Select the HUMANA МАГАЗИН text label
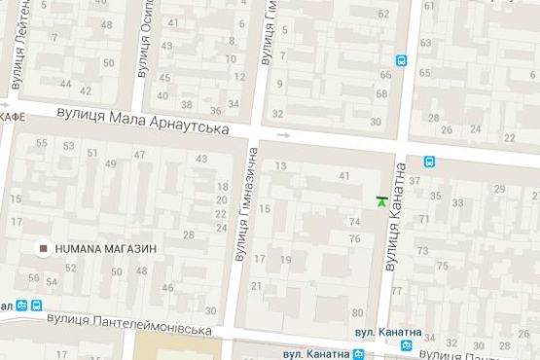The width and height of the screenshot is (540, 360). [105, 248]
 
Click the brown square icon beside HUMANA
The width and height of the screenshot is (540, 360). [44, 248]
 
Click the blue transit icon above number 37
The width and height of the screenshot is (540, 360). [429, 162]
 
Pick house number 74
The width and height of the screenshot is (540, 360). [354, 222]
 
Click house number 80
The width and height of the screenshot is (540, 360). [358, 312]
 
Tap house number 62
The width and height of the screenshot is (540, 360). [383, 15]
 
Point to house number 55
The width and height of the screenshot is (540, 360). [41, 144]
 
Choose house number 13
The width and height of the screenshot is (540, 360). [280, 166]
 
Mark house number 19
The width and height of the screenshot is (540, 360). [285, 260]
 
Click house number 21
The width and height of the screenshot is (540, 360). [256, 285]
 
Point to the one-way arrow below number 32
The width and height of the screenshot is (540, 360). [283, 134]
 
